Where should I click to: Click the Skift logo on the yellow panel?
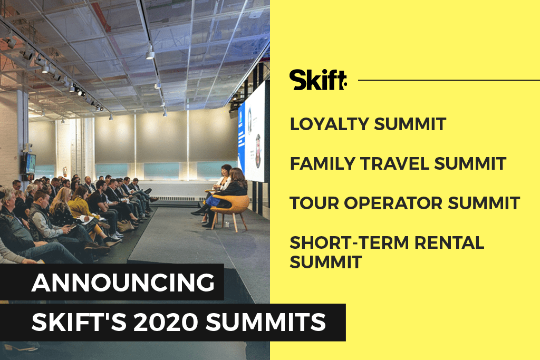click(318, 80)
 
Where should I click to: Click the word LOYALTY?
click(329, 124)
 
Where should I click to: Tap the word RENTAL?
click(449, 242)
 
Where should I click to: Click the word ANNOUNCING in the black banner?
click(123, 283)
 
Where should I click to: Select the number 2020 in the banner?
click(166, 322)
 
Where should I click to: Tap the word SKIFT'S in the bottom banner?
click(79, 322)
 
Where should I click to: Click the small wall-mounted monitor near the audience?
click(30, 163)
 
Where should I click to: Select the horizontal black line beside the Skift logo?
click(449, 80)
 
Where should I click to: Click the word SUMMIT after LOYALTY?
click(410, 124)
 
